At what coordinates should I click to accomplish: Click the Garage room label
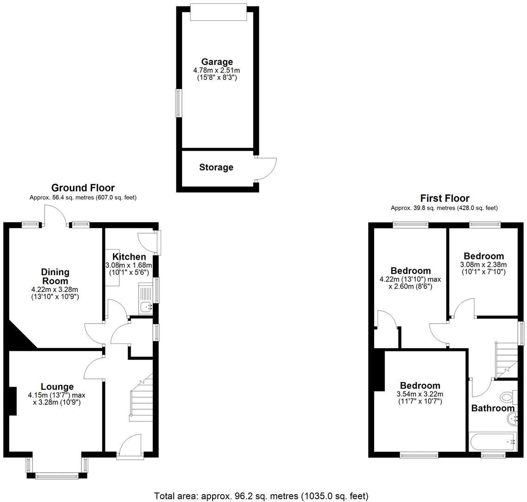217,62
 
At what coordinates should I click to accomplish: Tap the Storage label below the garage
216,167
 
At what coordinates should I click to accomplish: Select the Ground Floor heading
83,188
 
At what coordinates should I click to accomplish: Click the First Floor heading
444,198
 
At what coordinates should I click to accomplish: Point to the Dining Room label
55,277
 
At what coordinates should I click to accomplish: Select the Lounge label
57,387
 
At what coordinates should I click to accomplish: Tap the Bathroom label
493,409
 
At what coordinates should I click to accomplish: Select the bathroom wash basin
512,420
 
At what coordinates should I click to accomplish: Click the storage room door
266,169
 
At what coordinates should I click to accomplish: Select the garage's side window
178,103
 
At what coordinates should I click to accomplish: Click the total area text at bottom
261,496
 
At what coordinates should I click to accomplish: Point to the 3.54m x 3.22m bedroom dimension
420,395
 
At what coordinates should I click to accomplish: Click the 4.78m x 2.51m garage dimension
217,70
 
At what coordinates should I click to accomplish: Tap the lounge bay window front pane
57,476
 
